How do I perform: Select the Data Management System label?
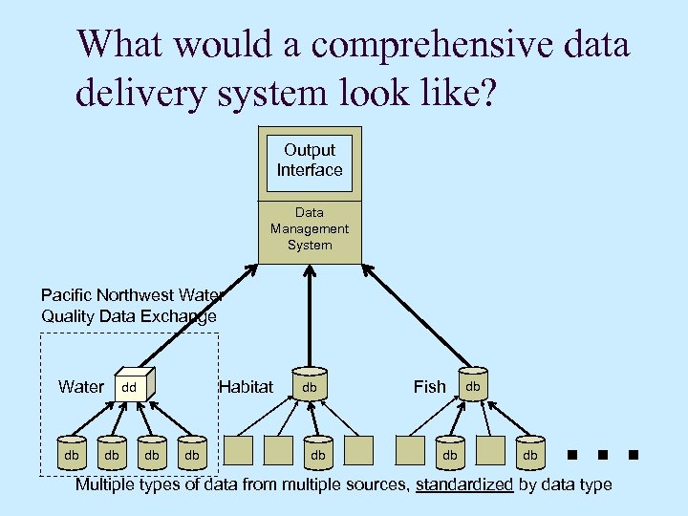pos(310,229)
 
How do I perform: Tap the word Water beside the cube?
pos(81,387)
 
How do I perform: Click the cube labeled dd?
pos(133,386)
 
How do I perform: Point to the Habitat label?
pos(246,387)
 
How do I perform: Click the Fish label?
pos(429,387)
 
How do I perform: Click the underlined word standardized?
pos(464,485)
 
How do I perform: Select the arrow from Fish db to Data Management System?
pos(413,320)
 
